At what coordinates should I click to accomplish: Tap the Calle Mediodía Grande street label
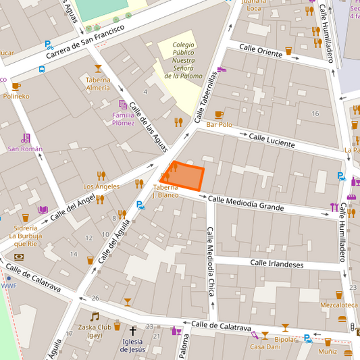(x=246, y=203)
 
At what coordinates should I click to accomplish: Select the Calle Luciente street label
(x=272, y=140)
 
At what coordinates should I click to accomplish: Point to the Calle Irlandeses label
(x=276, y=264)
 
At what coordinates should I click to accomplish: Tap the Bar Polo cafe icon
(x=218, y=115)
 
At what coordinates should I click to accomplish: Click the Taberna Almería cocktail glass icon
(x=98, y=68)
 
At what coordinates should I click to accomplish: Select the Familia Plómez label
(x=123, y=119)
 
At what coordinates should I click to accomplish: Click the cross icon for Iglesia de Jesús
(x=133, y=331)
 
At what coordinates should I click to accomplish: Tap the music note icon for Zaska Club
(x=95, y=316)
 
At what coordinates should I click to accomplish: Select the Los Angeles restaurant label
(x=101, y=186)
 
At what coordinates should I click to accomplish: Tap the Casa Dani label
(x=265, y=346)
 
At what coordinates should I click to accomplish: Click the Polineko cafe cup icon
(x=16, y=86)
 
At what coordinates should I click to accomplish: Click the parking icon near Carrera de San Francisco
(x=49, y=45)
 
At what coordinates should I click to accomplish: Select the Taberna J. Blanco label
(x=165, y=191)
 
